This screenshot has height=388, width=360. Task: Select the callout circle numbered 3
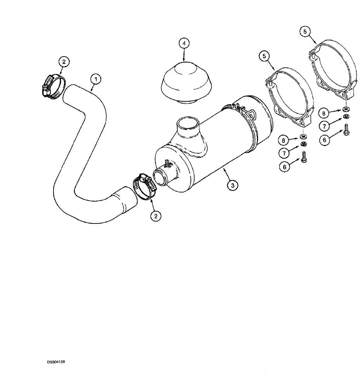tap(232, 186)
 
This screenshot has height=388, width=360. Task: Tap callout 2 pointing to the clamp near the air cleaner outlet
tap(156, 216)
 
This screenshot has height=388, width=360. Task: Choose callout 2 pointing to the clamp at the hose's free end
tap(64, 62)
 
